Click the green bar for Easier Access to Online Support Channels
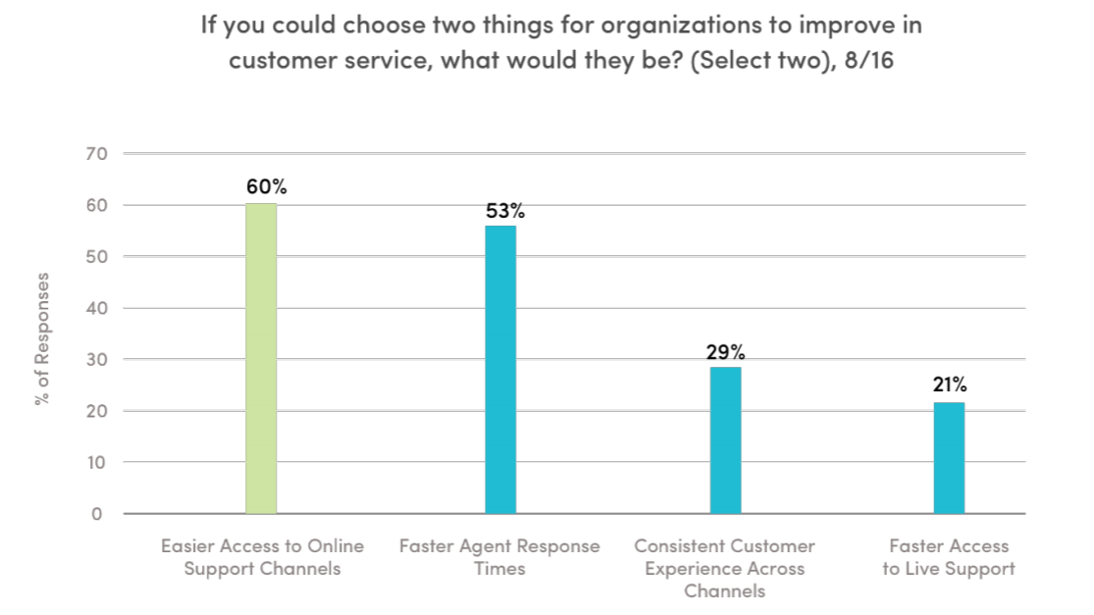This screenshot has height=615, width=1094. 261,358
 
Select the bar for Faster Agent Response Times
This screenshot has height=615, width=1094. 500,370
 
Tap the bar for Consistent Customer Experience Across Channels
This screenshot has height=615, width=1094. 725,439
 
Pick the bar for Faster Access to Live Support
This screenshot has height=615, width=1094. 949,458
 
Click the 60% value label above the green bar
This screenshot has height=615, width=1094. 267,186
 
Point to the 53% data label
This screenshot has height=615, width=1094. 505,210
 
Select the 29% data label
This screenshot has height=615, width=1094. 727,351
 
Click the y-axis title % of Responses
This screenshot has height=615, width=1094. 42,338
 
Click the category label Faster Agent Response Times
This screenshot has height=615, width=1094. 499,557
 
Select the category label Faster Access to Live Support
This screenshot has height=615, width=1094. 948,557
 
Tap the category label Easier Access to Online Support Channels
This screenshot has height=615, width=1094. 262,557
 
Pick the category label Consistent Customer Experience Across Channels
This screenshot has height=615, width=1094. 724,568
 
